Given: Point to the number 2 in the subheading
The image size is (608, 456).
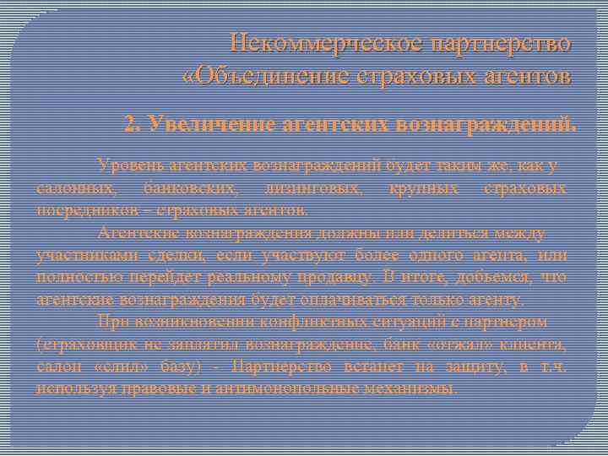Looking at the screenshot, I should pos(129,126).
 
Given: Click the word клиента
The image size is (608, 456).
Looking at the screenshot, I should pos(535,344).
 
